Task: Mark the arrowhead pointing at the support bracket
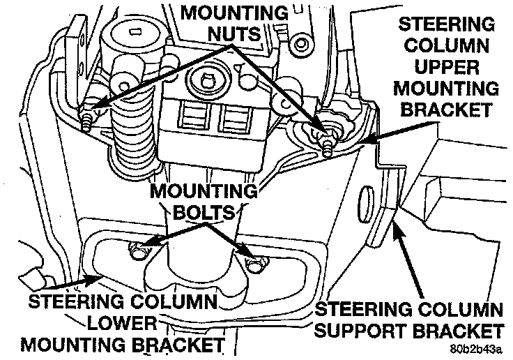397,227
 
